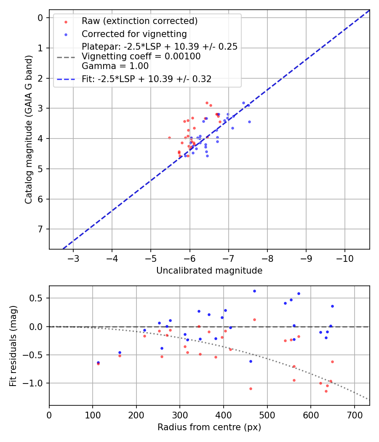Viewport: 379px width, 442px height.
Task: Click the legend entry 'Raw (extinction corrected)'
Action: [139, 21]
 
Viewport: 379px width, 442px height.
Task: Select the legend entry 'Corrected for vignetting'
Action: [134, 34]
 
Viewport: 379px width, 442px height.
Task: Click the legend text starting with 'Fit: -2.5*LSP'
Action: [147, 79]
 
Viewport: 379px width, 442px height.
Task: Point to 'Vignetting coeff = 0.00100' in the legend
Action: [141, 56]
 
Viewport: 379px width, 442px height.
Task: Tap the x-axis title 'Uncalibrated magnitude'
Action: [209, 271]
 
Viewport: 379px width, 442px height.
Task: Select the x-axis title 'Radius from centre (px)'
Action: [209, 427]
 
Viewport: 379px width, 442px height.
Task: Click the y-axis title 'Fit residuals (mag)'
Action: [13, 346]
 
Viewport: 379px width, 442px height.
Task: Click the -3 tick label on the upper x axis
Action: [73, 257]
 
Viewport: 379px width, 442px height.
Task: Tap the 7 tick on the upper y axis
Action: [40, 229]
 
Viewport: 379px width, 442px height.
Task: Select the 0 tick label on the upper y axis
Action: [40, 18]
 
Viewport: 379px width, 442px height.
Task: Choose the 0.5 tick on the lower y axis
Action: [38, 298]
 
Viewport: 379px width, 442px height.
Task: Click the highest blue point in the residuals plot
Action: [254, 291]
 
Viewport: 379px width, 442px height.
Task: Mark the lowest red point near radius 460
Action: [251, 389]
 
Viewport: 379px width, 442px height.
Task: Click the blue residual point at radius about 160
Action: [120, 352]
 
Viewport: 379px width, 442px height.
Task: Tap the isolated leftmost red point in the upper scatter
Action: [169, 138]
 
